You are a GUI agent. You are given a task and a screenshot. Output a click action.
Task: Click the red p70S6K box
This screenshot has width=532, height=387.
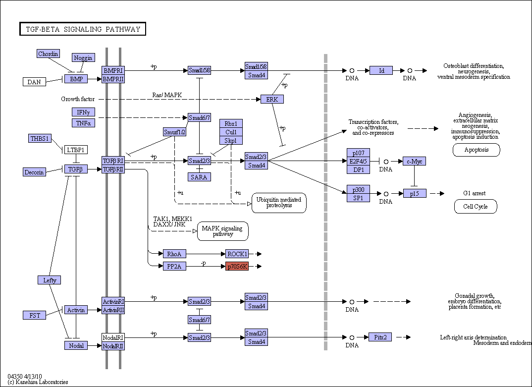click(237, 267)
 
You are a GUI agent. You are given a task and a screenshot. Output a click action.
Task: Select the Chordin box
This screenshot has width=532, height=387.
click(48, 54)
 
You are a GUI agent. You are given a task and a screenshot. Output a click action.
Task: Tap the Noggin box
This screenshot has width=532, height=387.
click(83, 57)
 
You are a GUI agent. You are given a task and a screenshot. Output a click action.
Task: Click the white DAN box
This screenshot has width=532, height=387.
click(34, 82)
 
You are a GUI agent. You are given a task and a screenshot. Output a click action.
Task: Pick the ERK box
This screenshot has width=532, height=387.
click(272, 99)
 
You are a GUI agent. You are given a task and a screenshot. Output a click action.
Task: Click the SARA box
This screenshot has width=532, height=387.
click(199, 177)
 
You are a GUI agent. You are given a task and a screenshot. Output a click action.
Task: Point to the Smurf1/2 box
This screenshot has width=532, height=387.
click(174, 132)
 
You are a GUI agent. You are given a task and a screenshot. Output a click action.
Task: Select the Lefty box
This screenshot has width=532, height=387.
click(50, 280)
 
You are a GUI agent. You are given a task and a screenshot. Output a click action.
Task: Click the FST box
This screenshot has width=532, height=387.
click(34, 315)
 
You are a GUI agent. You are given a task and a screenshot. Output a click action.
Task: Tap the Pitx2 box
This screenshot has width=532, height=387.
click(380, 337)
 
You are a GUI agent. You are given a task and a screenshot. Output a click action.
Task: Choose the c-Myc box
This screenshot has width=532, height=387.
click(414, 161)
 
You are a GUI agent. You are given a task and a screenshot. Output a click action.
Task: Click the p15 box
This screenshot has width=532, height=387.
click(415, 193)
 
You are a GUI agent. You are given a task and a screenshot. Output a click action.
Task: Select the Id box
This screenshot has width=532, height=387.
click(381, 70)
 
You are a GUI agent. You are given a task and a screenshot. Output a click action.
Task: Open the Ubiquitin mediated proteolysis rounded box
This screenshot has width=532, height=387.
click(279, 203)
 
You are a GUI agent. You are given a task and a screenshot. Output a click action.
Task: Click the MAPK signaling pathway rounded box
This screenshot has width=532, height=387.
click(222, 231)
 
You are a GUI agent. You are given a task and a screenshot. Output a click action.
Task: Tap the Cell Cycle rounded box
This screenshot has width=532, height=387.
click(476, 207)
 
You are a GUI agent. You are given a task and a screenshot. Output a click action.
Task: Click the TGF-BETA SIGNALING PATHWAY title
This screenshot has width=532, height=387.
click(83, 29)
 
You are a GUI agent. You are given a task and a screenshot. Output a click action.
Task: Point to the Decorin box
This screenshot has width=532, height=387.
click(34, 172)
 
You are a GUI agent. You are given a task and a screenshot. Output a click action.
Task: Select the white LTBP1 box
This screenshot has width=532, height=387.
click(76, 150)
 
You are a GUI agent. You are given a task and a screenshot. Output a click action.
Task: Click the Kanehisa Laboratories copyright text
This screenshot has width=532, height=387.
click(38, 382)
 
